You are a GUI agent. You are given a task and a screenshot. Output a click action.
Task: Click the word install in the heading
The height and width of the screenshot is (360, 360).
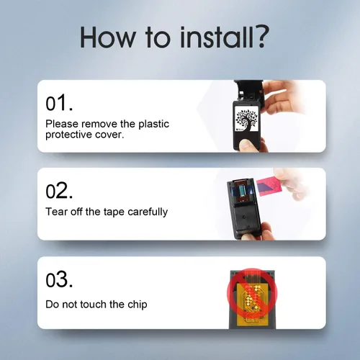(213, 37)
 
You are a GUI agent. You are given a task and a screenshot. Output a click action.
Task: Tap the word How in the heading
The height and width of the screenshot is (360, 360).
(109, 37)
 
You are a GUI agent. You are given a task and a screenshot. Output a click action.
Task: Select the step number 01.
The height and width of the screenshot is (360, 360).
(59, 103)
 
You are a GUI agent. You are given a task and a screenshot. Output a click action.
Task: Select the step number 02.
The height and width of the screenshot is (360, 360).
(59, 191)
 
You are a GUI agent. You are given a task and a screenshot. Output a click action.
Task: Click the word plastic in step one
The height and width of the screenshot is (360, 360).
(154, 125)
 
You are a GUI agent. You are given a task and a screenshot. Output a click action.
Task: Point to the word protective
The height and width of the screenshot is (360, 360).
(68, 135)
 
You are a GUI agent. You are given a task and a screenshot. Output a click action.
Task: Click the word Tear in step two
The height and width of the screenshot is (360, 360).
(56, 212)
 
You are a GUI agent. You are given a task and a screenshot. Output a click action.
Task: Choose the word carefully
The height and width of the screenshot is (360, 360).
(148, 212)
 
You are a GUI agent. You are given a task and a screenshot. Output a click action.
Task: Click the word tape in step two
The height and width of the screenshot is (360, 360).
(114, 212)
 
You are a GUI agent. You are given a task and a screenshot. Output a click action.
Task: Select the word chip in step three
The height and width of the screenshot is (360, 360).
(138, 305)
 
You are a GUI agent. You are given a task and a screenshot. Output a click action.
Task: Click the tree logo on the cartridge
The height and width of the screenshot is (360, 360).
(247, 119)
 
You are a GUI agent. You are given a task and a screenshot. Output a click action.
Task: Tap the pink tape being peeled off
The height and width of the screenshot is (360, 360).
(268, 186)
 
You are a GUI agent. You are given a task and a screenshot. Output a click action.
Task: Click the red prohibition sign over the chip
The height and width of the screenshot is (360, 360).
(252, 292)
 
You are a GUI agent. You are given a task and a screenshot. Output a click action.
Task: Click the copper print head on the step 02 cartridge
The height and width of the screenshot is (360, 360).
(241, 191)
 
